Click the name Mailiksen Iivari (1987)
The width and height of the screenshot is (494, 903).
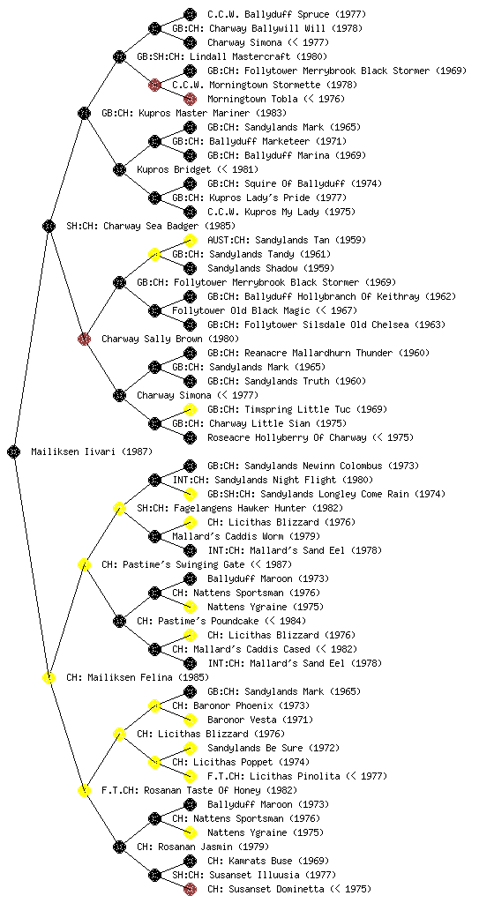[92, 452]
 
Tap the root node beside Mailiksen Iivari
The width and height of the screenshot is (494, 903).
[14, 451]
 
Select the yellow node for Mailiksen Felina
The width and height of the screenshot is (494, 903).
[49, 677]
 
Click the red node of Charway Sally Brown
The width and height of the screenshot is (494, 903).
[84, 339]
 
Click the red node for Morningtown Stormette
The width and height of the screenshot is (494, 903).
[154, 85]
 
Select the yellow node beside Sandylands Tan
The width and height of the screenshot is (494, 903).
[190, 240]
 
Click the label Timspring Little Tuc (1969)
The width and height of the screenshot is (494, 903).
[297, 409]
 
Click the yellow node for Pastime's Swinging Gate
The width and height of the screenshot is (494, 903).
[84, 564]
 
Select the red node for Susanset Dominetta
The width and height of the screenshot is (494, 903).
[190, 889]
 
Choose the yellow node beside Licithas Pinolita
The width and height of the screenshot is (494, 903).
[190, 776]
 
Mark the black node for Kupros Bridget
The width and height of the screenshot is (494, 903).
[119, 169]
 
